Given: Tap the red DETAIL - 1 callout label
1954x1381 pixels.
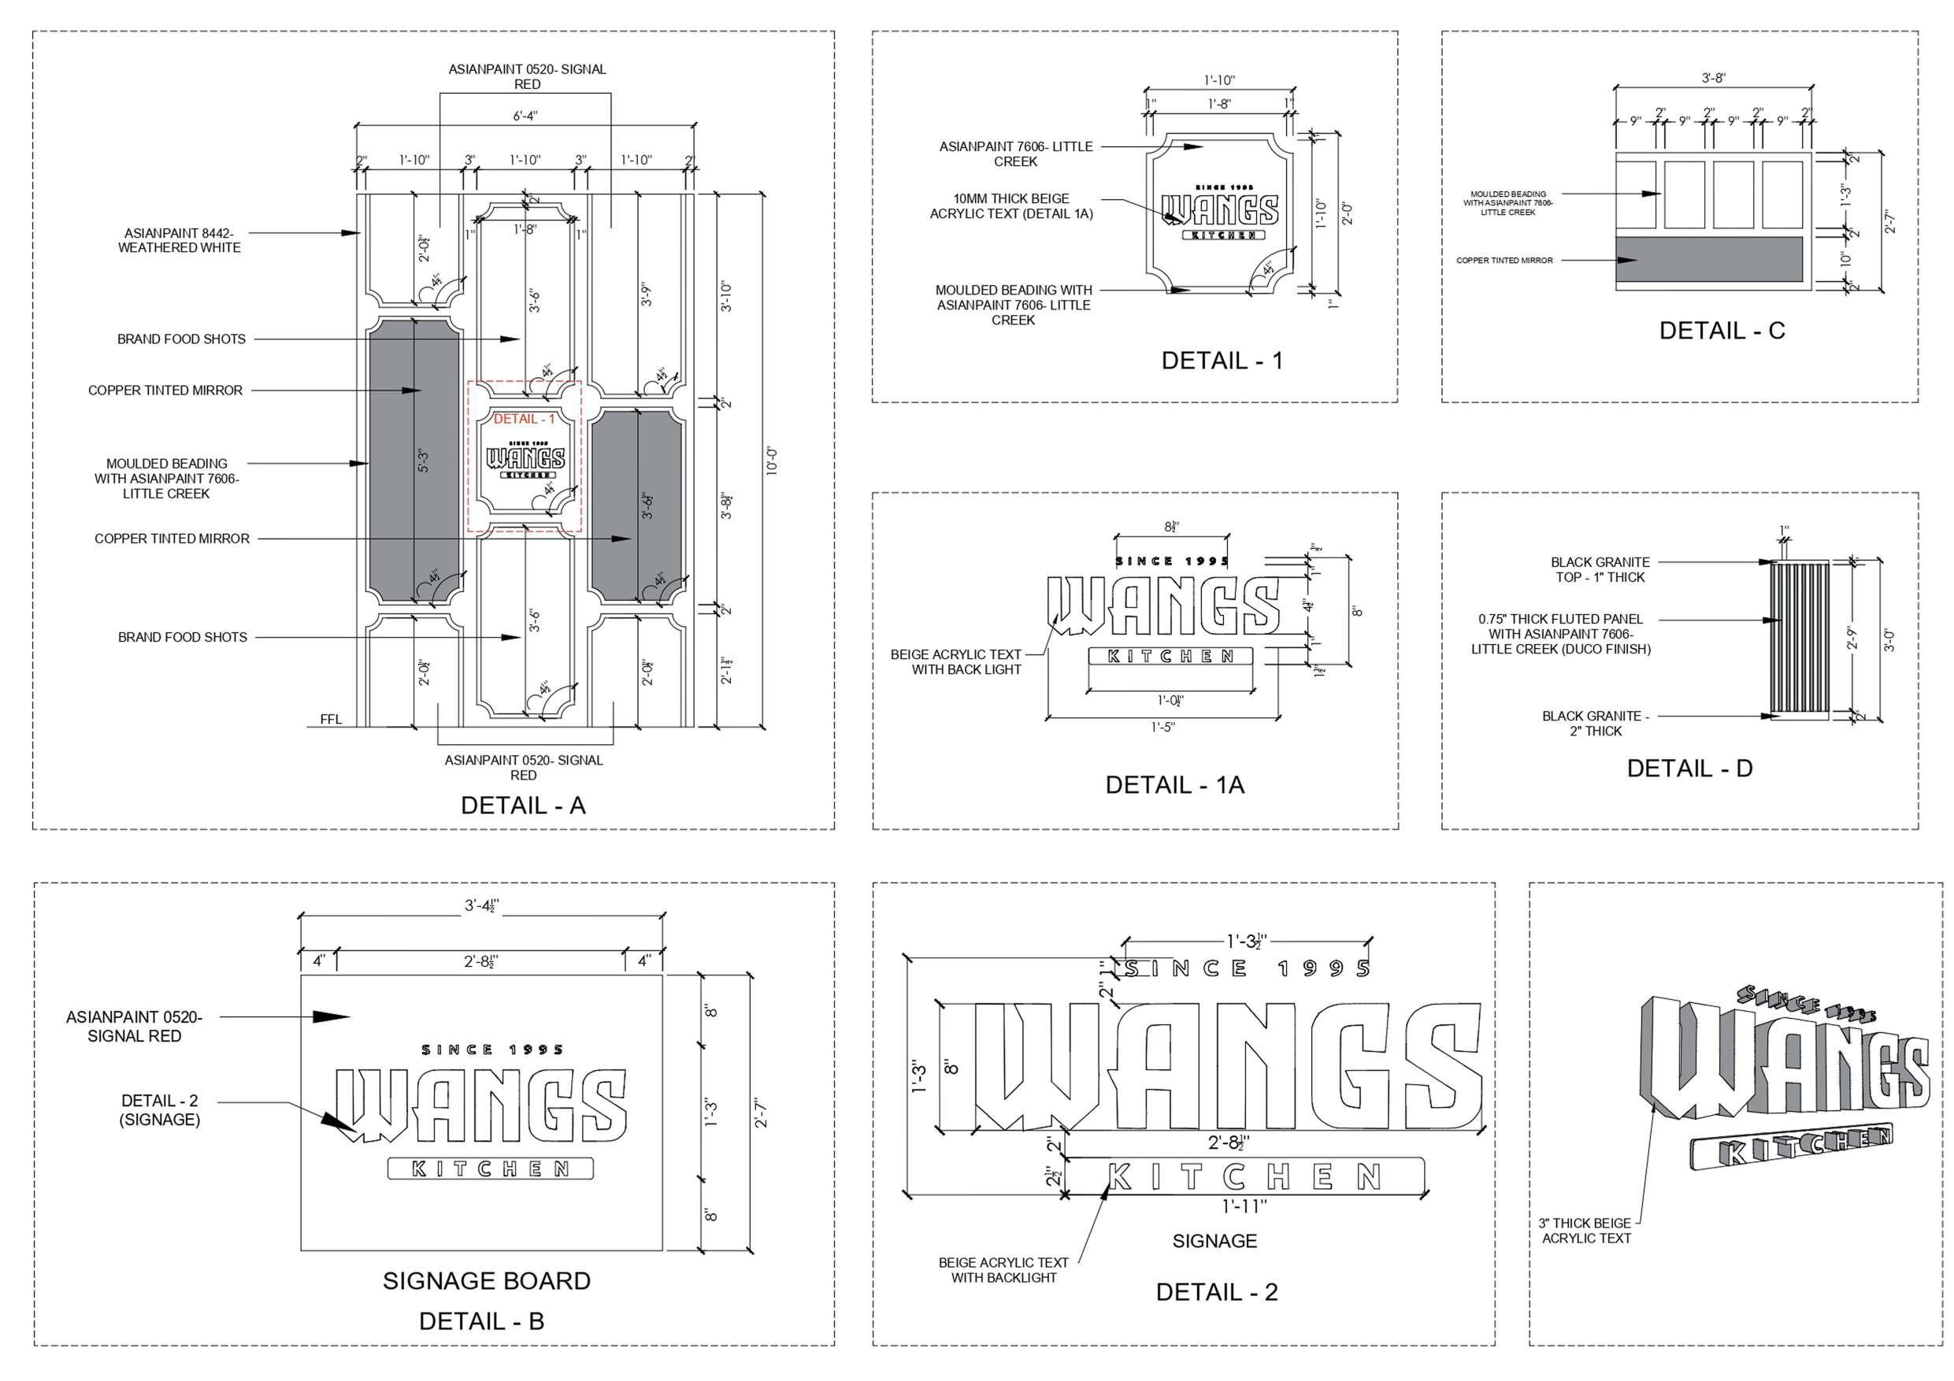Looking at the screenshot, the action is [524, 419].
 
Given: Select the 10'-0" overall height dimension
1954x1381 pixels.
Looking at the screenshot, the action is [772, 461].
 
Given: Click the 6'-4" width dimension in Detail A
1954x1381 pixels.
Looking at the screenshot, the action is [525, 116].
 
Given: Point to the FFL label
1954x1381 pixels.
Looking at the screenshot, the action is [331, 719].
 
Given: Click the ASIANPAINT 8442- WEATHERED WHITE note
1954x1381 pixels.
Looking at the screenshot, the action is [179, 240].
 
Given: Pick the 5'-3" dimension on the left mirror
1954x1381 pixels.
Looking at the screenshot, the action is [424, 461].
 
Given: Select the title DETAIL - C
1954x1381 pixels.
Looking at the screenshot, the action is [1722, 330].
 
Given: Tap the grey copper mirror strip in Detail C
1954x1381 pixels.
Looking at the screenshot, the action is [1708, 259].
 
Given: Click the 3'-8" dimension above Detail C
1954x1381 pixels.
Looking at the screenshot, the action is [1713, 78].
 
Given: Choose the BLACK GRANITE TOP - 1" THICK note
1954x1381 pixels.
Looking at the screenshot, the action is [1599, 569].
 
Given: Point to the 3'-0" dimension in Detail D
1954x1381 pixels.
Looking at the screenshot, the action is [1889, 640].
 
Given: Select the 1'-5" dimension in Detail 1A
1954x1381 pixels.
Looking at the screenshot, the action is [1162, 728].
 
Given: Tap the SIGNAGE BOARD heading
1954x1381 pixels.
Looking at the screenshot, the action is [486, 1280].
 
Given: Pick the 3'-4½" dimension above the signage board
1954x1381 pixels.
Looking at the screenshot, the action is [481, 905].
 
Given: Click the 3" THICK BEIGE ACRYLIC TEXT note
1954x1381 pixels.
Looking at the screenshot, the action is [1585, 1231].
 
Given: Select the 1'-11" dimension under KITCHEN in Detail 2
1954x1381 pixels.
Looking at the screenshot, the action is [1245, 1205].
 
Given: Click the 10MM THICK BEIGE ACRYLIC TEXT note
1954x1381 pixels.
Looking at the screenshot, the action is [1011, 206].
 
